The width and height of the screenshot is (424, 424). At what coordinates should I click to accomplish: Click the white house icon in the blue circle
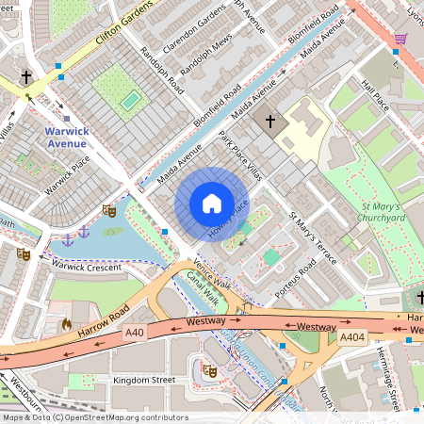click(x=212, y=204)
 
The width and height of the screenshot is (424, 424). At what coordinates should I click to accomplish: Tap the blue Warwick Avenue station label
click(x=79, y=138)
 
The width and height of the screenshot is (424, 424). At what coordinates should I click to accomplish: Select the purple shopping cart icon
click(x=400, y=39)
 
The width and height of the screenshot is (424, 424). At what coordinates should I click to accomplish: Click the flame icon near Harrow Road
click(x=66, y=324)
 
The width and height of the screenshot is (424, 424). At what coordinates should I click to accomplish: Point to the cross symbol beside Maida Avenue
click(x=271, y=122)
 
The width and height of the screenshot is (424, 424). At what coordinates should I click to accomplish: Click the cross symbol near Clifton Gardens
click(x=27, y=76)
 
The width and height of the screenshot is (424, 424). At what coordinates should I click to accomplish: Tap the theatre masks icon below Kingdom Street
click(x=212, y=371)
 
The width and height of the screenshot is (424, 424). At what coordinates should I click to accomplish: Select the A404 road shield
click(x=352, y=337)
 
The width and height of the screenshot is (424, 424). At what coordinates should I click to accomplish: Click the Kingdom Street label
click(x=144, y=380)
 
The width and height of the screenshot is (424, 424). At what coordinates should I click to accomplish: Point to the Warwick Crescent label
click(x=88, y=267)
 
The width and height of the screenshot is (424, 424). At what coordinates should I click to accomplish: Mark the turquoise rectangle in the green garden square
click(x=131, y=98)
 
